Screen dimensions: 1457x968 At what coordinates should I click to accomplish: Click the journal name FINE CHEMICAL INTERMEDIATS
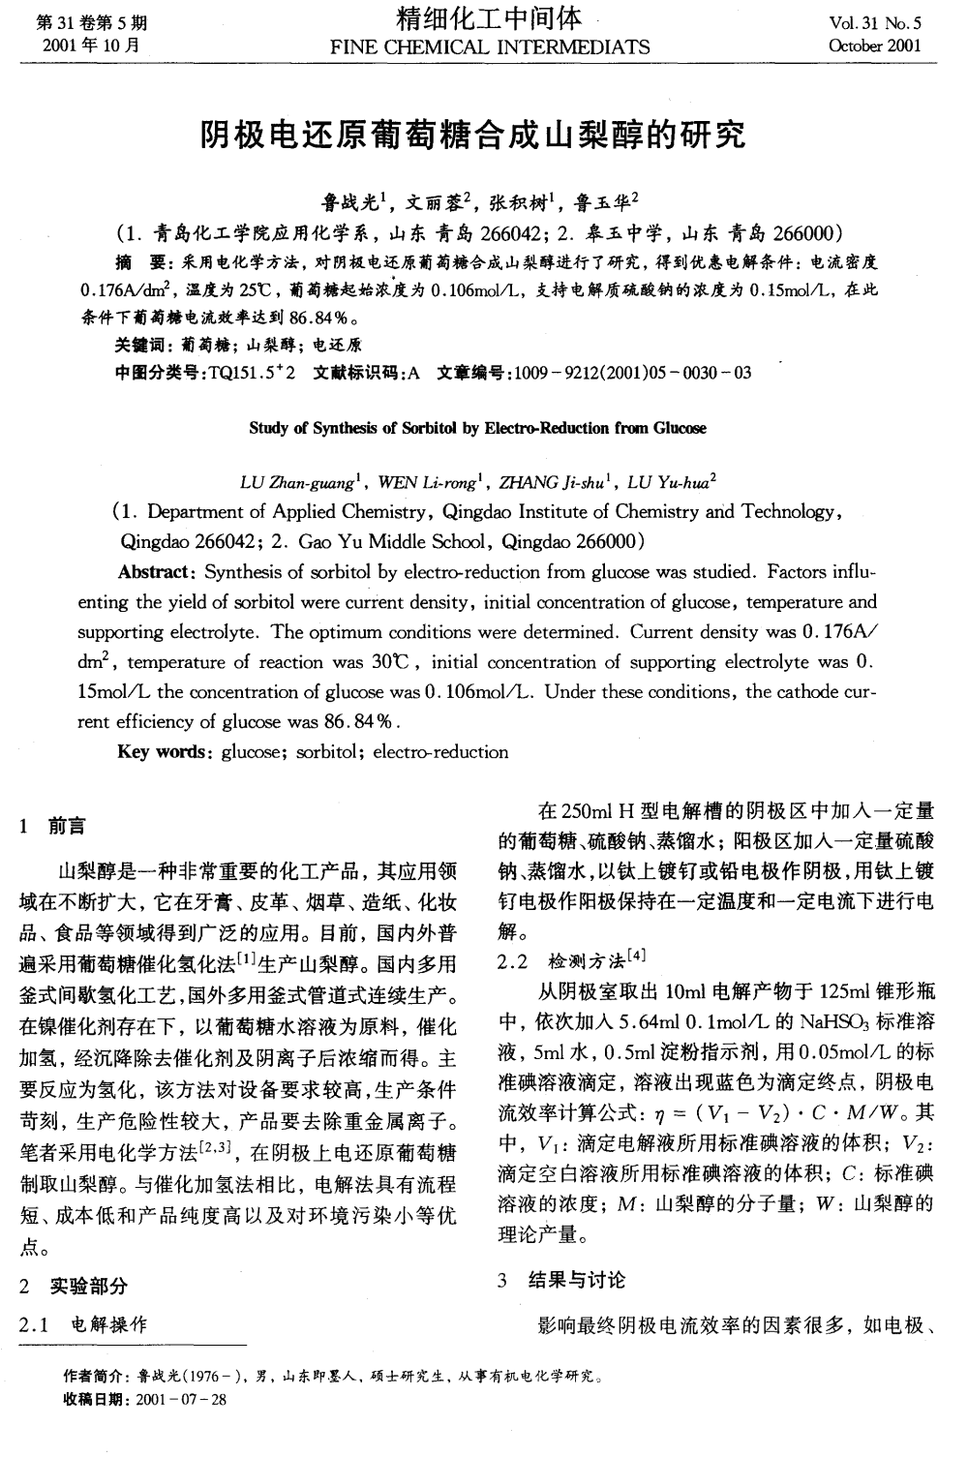click(x=490, y=46)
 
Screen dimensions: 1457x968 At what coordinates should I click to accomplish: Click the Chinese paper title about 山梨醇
click(x=473, y=137)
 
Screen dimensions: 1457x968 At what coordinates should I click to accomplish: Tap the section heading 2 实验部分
click(x=75, y=1287)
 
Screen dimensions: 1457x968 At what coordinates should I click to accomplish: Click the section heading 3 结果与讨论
click(x=562, y=1281)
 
